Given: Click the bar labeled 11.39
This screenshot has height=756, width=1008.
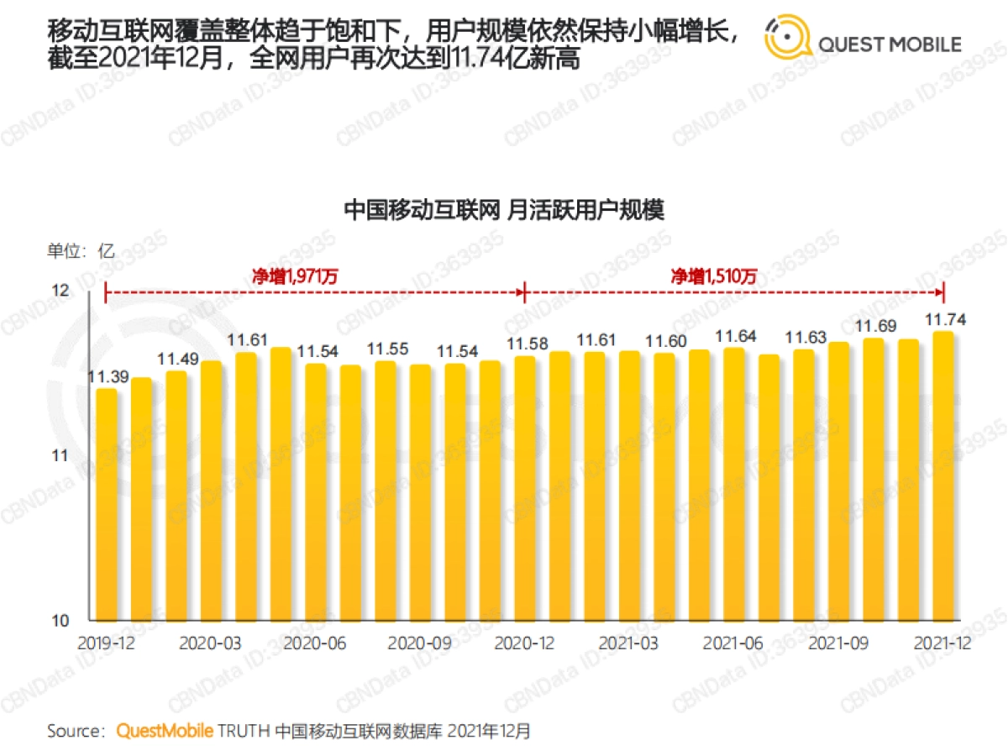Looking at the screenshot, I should (107, 504).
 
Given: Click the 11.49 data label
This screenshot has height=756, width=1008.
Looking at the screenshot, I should (176, 358).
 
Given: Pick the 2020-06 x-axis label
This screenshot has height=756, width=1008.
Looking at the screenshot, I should (315, 643).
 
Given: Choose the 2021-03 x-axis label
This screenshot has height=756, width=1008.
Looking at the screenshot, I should (628, 643).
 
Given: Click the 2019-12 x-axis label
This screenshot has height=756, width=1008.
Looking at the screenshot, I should (107, 643).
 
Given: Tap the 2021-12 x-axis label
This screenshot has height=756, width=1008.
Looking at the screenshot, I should (942, 643).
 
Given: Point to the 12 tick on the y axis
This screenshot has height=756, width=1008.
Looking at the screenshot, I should (61, 291).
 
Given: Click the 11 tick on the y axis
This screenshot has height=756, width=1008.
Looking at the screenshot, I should (61, 456).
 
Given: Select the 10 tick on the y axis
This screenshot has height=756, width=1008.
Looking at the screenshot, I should (61, 622).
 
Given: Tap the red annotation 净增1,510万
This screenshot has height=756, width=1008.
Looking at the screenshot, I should (714, 276).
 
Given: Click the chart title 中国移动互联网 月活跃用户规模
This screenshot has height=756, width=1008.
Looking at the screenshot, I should (504, 209).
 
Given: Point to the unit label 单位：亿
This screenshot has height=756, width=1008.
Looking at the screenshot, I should (81, 250).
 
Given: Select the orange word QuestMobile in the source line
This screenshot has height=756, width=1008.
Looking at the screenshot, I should (165, 731).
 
